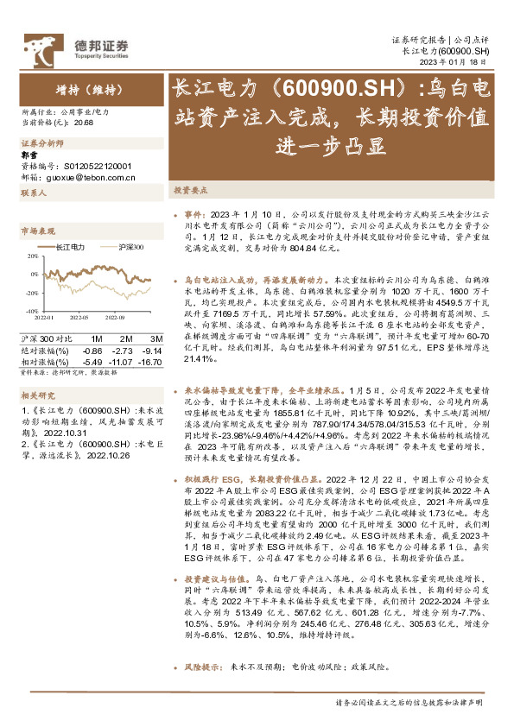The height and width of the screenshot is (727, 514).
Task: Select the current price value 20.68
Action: (85, 123)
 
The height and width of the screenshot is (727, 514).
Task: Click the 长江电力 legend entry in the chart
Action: (68, 247)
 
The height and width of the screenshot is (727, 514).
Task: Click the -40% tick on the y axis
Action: (30, 312)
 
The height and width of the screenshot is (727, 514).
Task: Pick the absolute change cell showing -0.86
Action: (91, 349)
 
